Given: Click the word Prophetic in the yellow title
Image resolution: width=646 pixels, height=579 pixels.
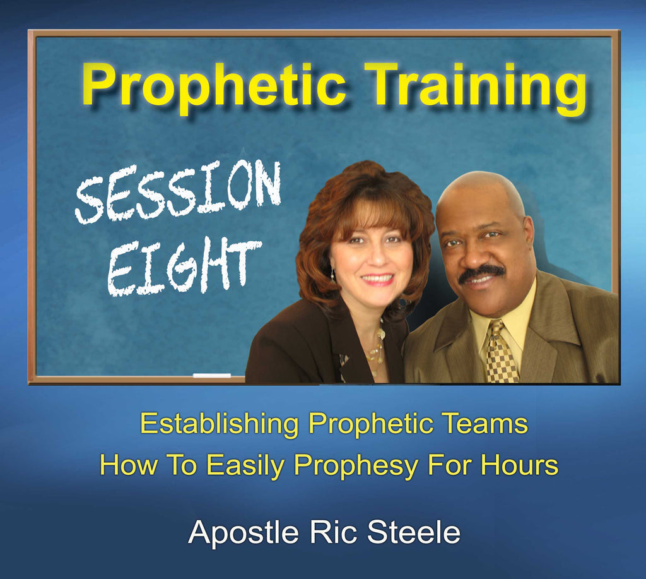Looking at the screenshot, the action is click(213, 86).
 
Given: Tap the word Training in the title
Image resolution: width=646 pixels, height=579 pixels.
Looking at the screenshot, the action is click(476, 87).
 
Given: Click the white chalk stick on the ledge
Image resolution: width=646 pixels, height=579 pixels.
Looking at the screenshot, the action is click(212, 375).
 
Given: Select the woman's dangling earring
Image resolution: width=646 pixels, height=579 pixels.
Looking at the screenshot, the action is click(332, 274).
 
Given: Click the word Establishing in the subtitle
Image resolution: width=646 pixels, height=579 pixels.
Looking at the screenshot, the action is click(219, 424).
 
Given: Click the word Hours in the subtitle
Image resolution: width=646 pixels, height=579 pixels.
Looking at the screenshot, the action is click(519, 465).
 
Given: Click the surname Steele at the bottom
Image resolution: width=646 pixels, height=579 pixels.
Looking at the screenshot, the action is click(414, 532).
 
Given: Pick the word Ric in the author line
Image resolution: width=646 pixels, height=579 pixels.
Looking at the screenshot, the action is click(332, 532).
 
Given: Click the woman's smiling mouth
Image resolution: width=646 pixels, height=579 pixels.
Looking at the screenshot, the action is click(378, 279).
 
